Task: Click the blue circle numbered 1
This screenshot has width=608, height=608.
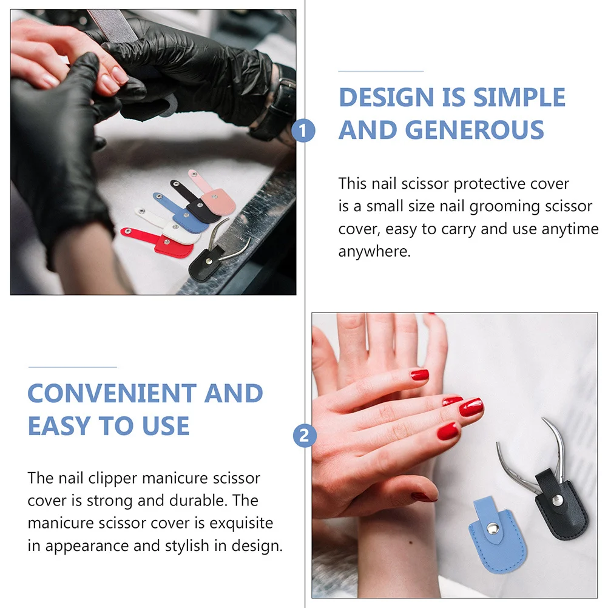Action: click(304, 130)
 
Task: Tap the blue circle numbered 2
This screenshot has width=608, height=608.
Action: click(305, 435)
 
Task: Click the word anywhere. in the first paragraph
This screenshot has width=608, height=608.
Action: click(374, 252)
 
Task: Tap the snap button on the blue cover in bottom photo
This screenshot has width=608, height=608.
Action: click(495, 530)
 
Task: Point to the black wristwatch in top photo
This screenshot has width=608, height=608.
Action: click(280, 106)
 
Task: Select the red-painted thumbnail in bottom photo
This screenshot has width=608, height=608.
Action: click(424, 496)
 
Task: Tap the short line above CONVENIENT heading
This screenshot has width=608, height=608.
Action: click(72, 367)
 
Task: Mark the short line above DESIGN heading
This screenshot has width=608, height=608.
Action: click(380, 71)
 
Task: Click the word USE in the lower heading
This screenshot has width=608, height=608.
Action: click(164, 427)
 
